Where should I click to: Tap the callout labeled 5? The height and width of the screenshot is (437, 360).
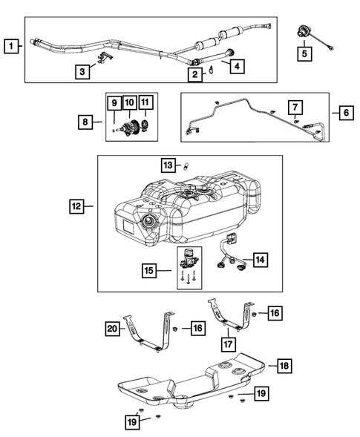[x=304, y=53]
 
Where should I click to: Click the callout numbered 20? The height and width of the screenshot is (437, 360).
[x=111, y=328]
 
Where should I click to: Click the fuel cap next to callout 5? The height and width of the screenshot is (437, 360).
[x=304, y=33]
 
